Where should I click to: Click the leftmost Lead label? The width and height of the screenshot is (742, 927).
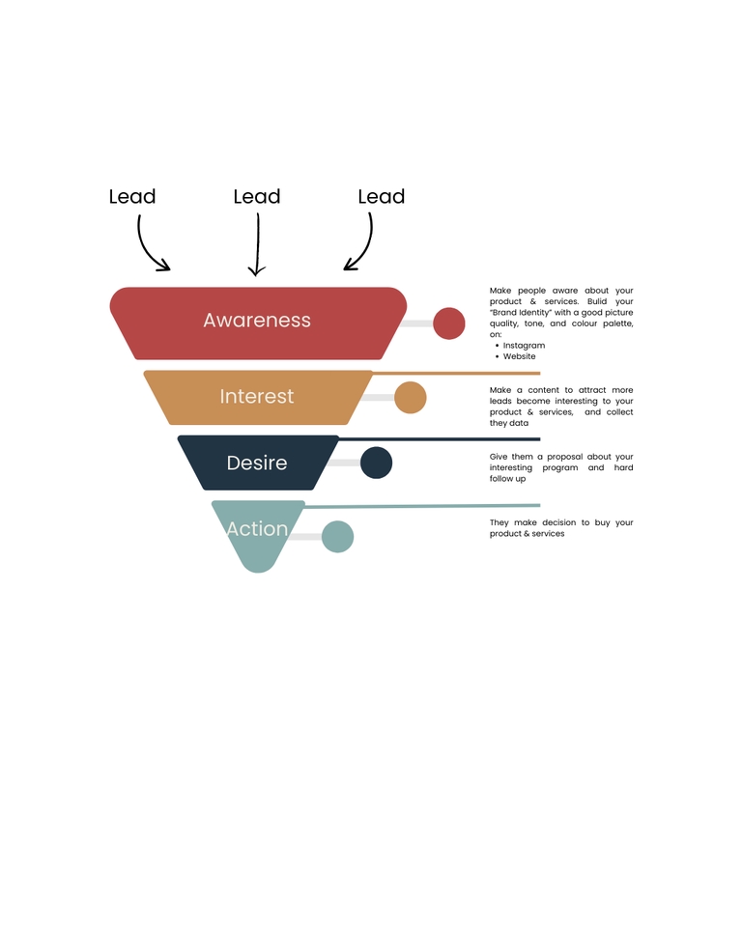coord(132,197)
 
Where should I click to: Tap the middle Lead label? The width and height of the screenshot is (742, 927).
coord(257,197)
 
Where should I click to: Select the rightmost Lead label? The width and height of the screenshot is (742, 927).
coord(382,197)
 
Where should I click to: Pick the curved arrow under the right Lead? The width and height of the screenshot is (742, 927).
coord(362,246)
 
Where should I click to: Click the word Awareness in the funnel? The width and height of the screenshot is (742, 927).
coord(257,321)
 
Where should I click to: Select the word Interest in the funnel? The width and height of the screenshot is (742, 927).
coord(257,397)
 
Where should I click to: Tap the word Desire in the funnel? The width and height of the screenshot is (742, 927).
coord(257,463)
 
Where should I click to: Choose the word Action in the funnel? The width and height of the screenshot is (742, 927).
coord(257,529)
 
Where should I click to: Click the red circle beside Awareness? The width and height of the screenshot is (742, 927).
coord(449,323)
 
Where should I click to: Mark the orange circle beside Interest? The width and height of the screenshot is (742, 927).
coord(411,398)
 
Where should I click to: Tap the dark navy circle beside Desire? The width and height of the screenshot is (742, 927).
coord(377,463)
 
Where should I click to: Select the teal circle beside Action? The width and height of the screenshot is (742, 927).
coord(337,536)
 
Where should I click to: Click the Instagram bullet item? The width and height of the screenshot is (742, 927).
coord(524,346)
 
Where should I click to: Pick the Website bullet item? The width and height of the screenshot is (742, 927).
coord(519,356)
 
